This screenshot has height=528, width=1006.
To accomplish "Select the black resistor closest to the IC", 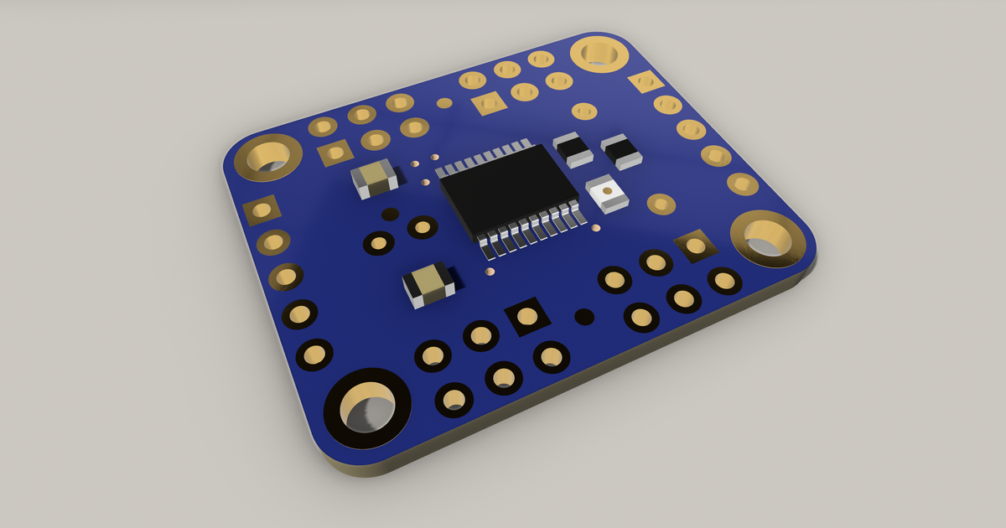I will point(573,148).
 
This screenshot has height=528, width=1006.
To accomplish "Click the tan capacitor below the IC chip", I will point(429,283).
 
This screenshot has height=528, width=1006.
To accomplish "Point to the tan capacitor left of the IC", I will point(374,178).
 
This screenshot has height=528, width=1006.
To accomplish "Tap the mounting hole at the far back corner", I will point(599,54).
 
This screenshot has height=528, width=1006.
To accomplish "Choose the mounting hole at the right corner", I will point(767,238).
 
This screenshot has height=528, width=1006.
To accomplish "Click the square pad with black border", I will point(526,316).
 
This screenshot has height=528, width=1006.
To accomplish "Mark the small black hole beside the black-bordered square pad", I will point(584,317).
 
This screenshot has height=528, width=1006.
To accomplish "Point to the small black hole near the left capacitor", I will point(390,215).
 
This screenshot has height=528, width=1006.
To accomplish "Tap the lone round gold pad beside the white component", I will point(661,204).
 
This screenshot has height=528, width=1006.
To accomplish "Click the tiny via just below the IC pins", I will point(490,272).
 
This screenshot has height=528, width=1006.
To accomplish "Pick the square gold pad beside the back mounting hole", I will point(646,81).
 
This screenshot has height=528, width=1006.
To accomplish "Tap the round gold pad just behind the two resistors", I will point(584,111).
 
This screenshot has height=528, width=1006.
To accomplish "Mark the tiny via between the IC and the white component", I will point(596,228).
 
